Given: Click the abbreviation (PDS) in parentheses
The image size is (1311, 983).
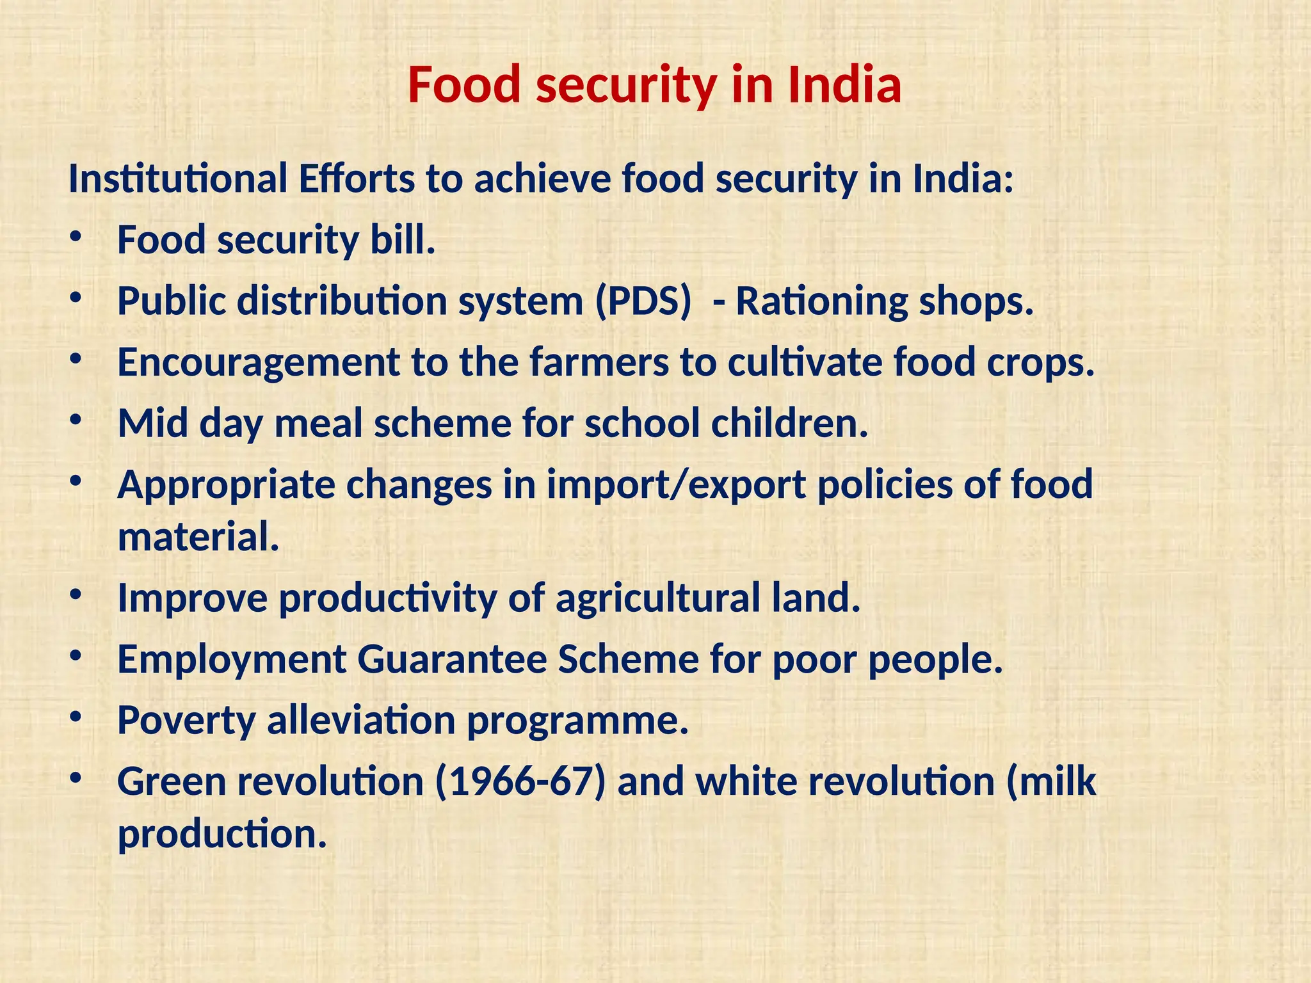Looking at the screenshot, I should [x=643, y=301].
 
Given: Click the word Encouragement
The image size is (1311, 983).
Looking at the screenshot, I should [x=259, y=363].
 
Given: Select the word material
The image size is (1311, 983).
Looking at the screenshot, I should [x=198, y=537].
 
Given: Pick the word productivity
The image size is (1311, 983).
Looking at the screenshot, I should [x=387, y=598].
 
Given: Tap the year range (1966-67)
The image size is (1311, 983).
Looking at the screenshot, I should [x=520, y=782].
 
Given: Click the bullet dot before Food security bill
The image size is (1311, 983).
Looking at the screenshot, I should [x=76, y=237].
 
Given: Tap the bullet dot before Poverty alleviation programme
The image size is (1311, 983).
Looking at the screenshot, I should [x=76, y=717].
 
